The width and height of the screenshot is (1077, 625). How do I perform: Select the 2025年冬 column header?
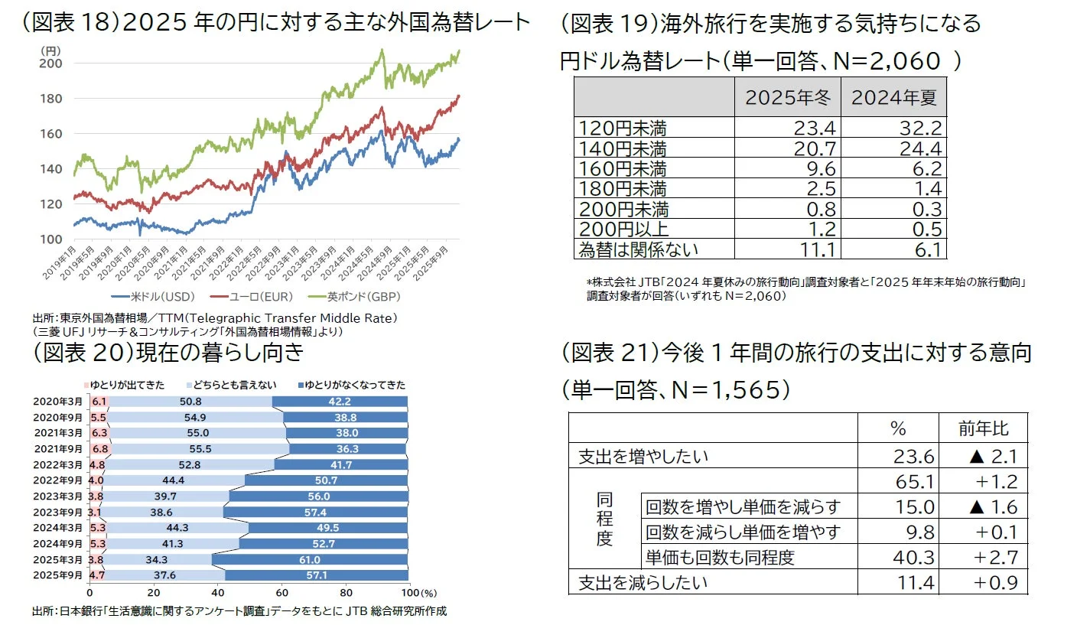[x=787, y=99]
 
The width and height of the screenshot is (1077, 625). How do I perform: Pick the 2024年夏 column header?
[x=893, y=99]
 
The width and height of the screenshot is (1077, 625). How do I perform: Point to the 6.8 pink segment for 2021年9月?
[x=99, y=449]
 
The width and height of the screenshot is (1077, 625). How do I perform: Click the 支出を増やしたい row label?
[x=643, y=457]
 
